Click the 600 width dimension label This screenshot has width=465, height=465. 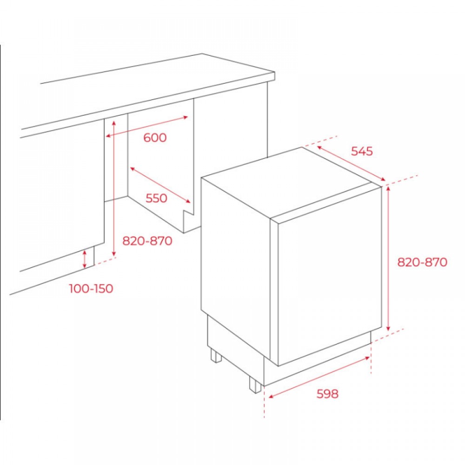point(155,138)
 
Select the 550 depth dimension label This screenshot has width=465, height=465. point(156,198)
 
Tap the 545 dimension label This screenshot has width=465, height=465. point(362,151)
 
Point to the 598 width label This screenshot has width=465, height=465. point(327,394)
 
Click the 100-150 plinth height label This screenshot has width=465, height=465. point(91,289)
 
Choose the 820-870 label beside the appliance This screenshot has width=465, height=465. point(422,262)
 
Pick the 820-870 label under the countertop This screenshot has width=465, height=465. point(147,241)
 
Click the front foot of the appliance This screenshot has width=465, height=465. point(255,385)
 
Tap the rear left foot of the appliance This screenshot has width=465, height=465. point(216,355)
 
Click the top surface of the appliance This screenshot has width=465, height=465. point(291,181)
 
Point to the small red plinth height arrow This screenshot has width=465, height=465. point(85,259)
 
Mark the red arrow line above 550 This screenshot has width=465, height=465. point(160,185)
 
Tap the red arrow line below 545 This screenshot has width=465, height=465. point(351,163)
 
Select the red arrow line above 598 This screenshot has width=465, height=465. point(319,377)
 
